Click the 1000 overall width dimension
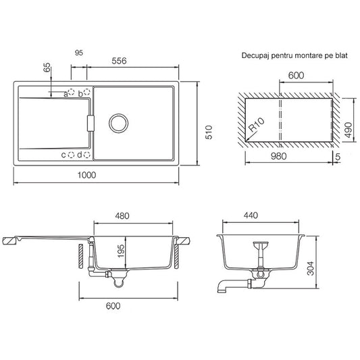[86, 175]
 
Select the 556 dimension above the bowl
[119, 61]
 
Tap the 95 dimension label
[79, 53]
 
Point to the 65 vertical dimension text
[47, 68]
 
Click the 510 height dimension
[209, 132]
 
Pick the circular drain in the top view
[118, 123]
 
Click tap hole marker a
[72, 92]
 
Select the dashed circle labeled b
[86, 92]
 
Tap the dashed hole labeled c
[72, 155]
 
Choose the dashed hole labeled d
[86, 155]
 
